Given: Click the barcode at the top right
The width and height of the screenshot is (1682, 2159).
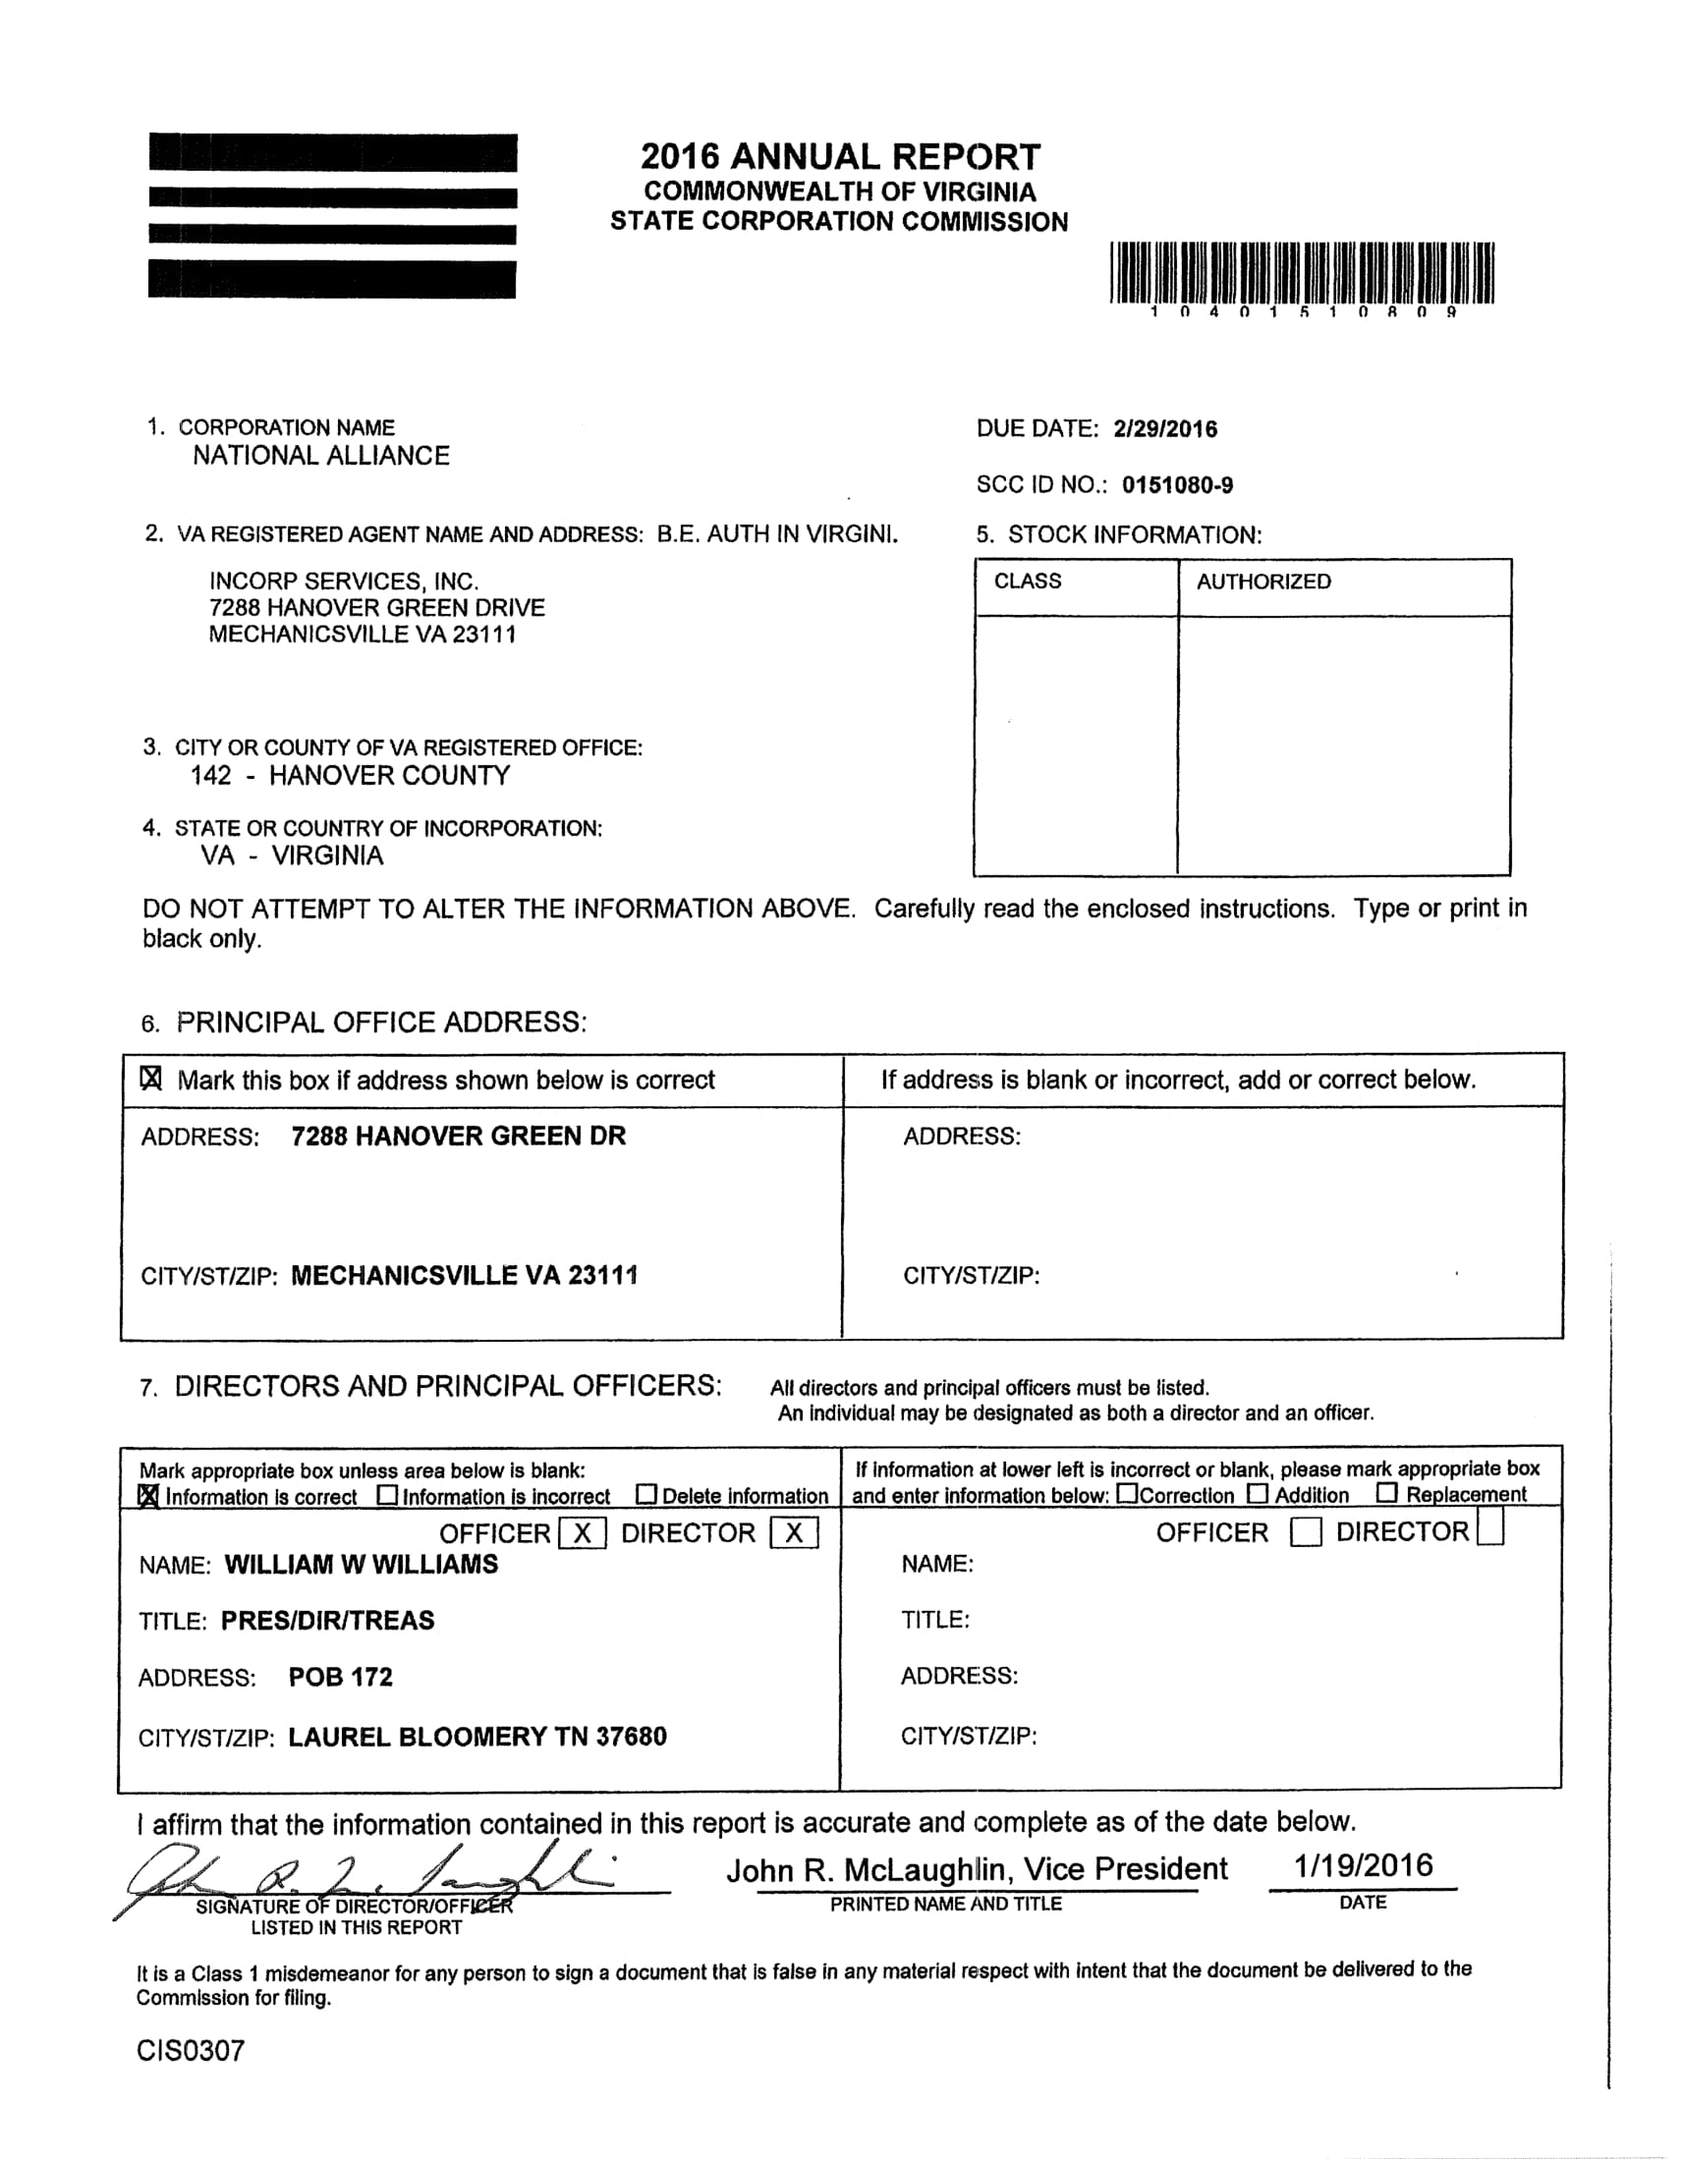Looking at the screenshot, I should [x=1302, y=272].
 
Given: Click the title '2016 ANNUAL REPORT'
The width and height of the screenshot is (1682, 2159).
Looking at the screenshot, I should [x=839, y=157].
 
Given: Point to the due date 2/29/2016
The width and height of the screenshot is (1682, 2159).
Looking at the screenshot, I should [x=1165, y=429].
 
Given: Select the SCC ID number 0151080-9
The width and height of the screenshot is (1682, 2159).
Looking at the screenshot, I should [x=1177, y=485].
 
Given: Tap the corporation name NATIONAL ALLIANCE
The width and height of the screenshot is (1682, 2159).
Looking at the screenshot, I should [x=320, y=456].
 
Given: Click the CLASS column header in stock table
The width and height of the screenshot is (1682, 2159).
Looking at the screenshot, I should [x=1028, y=581].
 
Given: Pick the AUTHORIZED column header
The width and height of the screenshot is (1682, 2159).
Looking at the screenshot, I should [x=1262, y=581].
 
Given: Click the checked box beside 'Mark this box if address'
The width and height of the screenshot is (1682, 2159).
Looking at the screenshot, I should [x=151, y=1079].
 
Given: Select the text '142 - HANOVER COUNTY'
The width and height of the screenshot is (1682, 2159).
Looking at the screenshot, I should [x=350, y=776].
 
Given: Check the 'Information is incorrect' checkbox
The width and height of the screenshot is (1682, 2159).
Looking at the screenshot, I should [x=388, y=1496].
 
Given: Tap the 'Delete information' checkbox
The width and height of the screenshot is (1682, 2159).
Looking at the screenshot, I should [x=646, y=1495].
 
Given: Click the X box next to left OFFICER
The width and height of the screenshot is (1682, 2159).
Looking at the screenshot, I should [x=583, y=1533].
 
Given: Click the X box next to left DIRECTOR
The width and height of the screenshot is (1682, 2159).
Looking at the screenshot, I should [x=794, y=1533].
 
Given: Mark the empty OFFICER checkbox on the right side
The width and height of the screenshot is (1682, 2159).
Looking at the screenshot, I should [x=1306, y=1533].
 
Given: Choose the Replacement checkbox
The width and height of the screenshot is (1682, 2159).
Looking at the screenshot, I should [x=1387, y=1493].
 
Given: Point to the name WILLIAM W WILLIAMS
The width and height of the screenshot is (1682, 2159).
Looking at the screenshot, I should [x=361, y=1565].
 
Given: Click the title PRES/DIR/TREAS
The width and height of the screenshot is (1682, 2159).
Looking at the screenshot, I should [x=327, y=1622].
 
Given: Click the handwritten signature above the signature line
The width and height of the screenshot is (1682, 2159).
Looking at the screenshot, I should [x=375, y=1874].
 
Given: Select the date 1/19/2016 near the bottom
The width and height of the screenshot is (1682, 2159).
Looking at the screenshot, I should [x=1363, y=1866].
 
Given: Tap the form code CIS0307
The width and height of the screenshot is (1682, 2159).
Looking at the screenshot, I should [x=190, y=2051].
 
